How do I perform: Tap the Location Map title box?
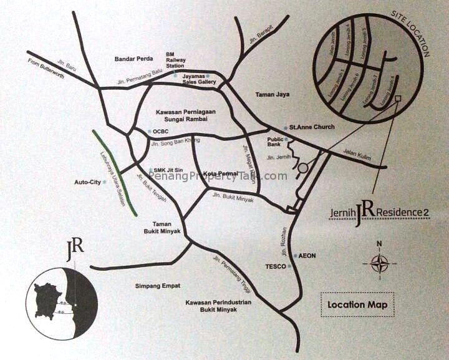(x=357, y=304)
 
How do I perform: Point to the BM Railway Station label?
(x=174, y=59)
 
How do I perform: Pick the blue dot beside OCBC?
(x=149, y=132)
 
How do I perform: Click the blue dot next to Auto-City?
(x=105, y=183)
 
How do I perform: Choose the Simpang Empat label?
(x=157, y=286)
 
